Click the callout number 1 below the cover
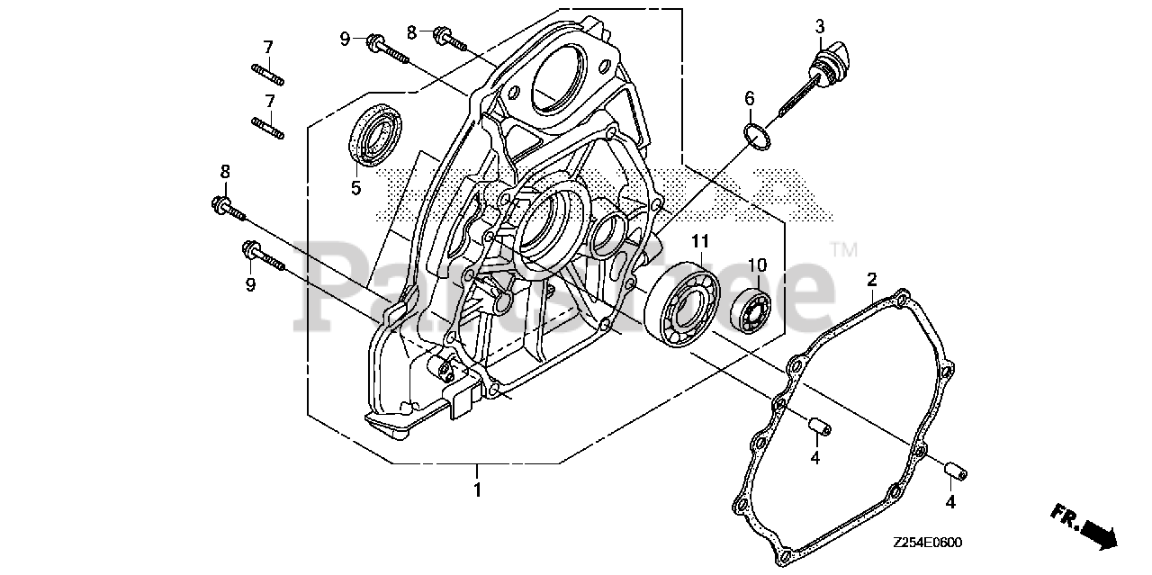click(477, 490)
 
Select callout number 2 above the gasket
click(871, 280)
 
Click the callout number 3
click(820, 27)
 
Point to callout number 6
click(750, 99)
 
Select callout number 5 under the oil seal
click(355, 188)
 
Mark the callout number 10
click(756, 265)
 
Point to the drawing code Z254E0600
click(928, 543)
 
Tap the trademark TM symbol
click(843, 249)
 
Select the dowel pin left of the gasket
click(816, 424)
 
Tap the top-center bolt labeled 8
click(450, 38)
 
